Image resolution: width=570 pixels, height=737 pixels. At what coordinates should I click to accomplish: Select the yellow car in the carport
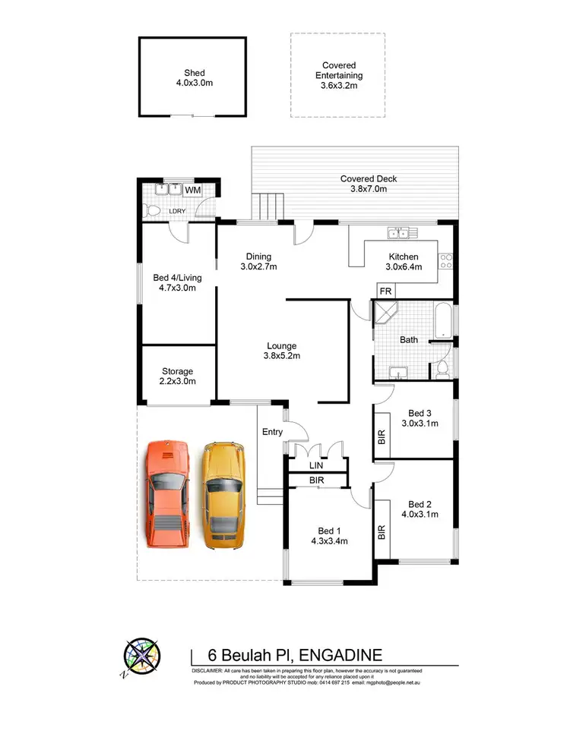pyautogui.click(x=223, y=495)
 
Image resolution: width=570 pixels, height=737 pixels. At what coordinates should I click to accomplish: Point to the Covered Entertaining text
pyautogui.click(x=339, y=71)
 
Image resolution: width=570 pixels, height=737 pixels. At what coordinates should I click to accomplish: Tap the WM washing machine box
pyautogui.click(x=192, y=190)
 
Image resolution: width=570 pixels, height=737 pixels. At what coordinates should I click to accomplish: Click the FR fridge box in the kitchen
pyautogui.click(x=385, y=291)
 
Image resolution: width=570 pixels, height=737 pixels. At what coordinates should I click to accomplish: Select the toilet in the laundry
pyautogui.click(x=152, y=209)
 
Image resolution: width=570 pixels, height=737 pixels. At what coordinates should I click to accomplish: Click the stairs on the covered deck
pyautogui.click(x=266, y=206)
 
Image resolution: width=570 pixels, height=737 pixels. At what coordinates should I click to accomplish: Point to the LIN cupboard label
pyautogui.click(x=316, y=465)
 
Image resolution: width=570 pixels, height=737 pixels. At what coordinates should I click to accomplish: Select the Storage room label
pyautogui.click(x=178, y=372)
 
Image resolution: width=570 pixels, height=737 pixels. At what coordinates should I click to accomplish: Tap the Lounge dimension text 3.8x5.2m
pyautogui.click(x=281, y=356)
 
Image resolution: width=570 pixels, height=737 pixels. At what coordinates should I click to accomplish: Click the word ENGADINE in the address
pyautogui.click(x=340, y=655)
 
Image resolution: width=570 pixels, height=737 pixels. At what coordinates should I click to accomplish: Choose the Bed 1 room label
pyautogui.click(x=329, y=531)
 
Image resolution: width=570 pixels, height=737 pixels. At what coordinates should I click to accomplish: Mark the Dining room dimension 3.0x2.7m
pyautogui.click(x=258, y=267)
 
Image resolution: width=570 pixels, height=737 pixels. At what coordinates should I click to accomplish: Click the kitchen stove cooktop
pyautogui.click(x=447, y=262)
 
